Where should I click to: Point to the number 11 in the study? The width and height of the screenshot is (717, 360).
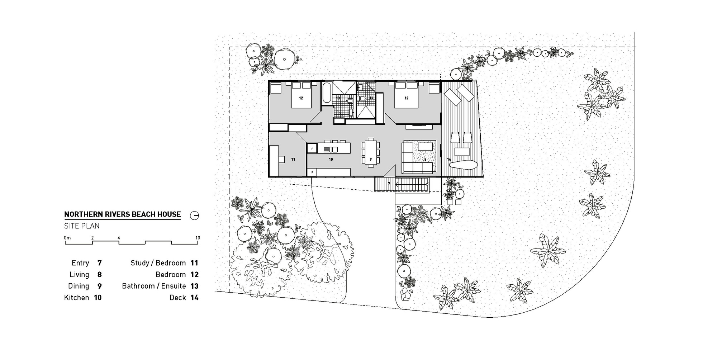pyautogui.click(x=293, y=159)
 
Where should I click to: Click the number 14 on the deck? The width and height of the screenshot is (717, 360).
pyautogui.click(x=449, y=159)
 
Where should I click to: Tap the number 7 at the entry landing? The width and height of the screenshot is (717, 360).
pyautogui.click(x=389, y=184)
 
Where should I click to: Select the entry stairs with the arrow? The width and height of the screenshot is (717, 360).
pyautogui.click(x=412, y=185)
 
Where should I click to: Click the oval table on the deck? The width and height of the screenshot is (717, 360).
pyautogui.click(x=463, y=166)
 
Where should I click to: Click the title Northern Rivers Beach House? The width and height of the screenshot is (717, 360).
pyautogui.click(x=122, y=214)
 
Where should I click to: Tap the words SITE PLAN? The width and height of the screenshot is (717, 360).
pyautogui.click(x=82, y=226)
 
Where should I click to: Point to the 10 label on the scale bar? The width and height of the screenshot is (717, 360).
pyautogui.click(x=198, y=238)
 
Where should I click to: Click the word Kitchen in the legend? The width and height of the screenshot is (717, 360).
pyautogui.click(x=76, y=298)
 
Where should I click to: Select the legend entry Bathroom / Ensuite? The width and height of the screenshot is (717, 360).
pyautogui.click(x=154, y=286)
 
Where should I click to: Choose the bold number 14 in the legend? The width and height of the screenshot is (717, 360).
pyautogui.click(x=194, y=298)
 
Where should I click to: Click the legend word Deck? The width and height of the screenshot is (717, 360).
pyautogui.click(x=177, y=298)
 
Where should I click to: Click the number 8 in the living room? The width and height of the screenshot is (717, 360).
pyautogui.click(x=425, y=159)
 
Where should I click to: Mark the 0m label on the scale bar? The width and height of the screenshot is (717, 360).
pyautogui.click(x=67, y=238)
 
